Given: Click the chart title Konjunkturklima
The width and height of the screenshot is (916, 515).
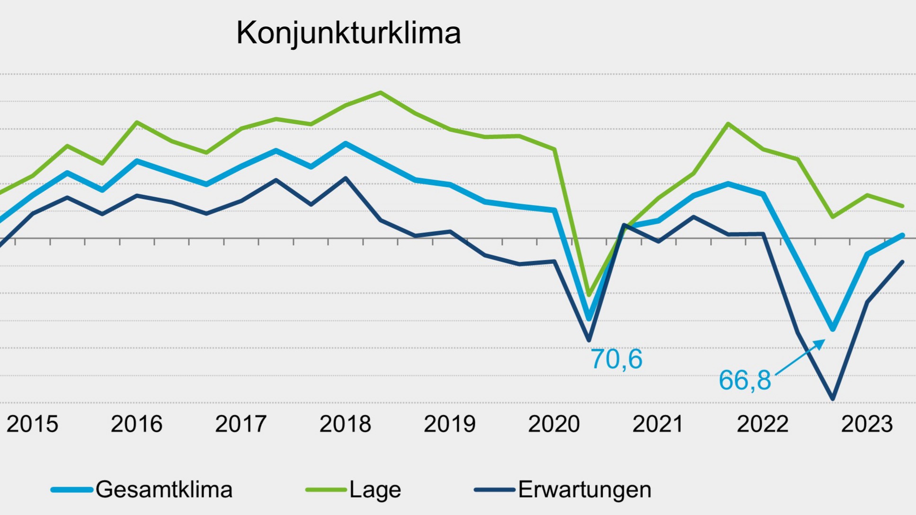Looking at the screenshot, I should (348, 33).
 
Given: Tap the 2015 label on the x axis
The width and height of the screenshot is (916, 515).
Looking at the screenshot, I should (32, 424).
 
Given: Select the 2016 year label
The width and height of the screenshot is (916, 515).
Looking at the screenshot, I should (136, 424).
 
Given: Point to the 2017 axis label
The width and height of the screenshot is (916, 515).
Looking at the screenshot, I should (241, 424).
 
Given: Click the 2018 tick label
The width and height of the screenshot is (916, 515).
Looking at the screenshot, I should (345, 424).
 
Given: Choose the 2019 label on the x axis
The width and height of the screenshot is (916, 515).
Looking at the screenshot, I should (449, 424).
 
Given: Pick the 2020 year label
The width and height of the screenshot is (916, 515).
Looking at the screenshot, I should (554, 424).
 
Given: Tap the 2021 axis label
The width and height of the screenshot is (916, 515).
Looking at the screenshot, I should (658, 424).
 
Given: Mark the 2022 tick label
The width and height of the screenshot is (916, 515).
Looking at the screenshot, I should (763, 424).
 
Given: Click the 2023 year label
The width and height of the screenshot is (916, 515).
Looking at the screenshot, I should (867, 424).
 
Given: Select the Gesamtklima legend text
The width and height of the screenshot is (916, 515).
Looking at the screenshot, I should (164, 489).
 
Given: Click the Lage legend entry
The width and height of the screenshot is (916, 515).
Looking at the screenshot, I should (375, 489).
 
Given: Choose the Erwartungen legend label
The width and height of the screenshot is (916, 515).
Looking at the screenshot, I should (585, 489).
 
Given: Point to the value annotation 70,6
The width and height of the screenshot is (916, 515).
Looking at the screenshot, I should (616, 359).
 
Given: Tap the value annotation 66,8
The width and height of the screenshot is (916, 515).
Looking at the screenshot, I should (745, 380).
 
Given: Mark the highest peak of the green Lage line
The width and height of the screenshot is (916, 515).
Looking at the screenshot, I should (381, 92).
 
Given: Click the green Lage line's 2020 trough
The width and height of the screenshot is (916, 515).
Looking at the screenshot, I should (589, 295).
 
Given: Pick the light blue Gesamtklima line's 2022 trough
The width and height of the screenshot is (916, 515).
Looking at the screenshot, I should (833, 329).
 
